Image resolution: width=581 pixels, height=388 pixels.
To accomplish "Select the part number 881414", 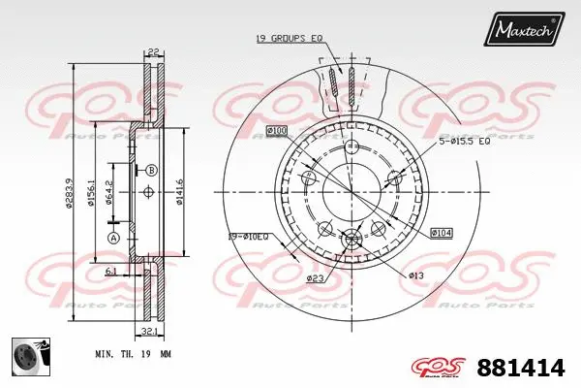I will click(x=521, y=368).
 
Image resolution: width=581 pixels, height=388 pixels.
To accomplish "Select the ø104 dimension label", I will click(x=441, y=233).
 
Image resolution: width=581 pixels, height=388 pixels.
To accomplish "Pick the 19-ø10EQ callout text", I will click(x=249, y=236).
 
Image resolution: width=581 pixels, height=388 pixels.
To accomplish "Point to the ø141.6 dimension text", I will click(x=180, y=192).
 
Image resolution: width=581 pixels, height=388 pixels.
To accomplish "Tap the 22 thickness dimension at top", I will click(x=153, y=52).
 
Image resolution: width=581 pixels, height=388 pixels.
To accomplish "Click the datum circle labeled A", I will click(x=113, y=238).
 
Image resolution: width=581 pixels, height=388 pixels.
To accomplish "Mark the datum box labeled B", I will click(x=151, y=171).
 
